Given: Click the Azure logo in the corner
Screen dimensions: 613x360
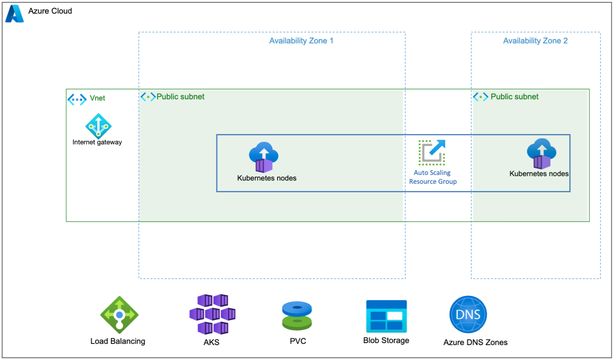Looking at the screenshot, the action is click(x=14, y=14).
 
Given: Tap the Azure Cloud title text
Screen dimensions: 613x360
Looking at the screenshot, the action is click(x=50, y=11).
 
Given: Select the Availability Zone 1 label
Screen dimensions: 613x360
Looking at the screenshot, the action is click(x=301, y=41).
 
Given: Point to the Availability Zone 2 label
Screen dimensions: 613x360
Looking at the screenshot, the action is click(x=535, y=41).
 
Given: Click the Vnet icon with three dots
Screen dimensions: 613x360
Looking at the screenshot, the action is click(x=77, y=100).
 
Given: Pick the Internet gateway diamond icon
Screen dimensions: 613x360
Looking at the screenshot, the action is click(x=99, y=126).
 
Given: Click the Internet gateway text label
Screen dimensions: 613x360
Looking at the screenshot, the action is click(x=97, y=142).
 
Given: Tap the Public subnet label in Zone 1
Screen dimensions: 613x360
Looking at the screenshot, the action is click(x=180, y=97).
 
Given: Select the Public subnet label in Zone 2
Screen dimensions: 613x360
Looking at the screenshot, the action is click(x=514, y=97).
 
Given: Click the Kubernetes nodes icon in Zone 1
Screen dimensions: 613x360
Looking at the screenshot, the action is click(x=264, y=157).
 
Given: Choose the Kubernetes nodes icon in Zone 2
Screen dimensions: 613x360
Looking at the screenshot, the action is click(x=542, y=154).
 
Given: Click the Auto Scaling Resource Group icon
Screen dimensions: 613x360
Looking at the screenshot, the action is click(x=432, y=152).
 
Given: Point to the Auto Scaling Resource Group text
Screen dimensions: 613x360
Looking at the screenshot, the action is click(x=433, y=177).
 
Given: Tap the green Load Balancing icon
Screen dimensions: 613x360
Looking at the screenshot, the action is click(x=119, y=315).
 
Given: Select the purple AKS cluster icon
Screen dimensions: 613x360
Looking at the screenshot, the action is click(x=213, y=314).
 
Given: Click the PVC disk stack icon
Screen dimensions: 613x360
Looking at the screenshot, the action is click(x=297, y=316).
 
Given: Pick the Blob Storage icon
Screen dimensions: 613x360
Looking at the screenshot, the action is click(x=386, y=316).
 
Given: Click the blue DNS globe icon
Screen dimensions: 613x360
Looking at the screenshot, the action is click(x=468, y=314).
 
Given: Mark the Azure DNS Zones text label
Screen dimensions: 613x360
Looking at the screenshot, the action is click(x=475, y=342).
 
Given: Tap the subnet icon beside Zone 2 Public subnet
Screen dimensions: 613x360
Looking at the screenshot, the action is click(x=481, y=97).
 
